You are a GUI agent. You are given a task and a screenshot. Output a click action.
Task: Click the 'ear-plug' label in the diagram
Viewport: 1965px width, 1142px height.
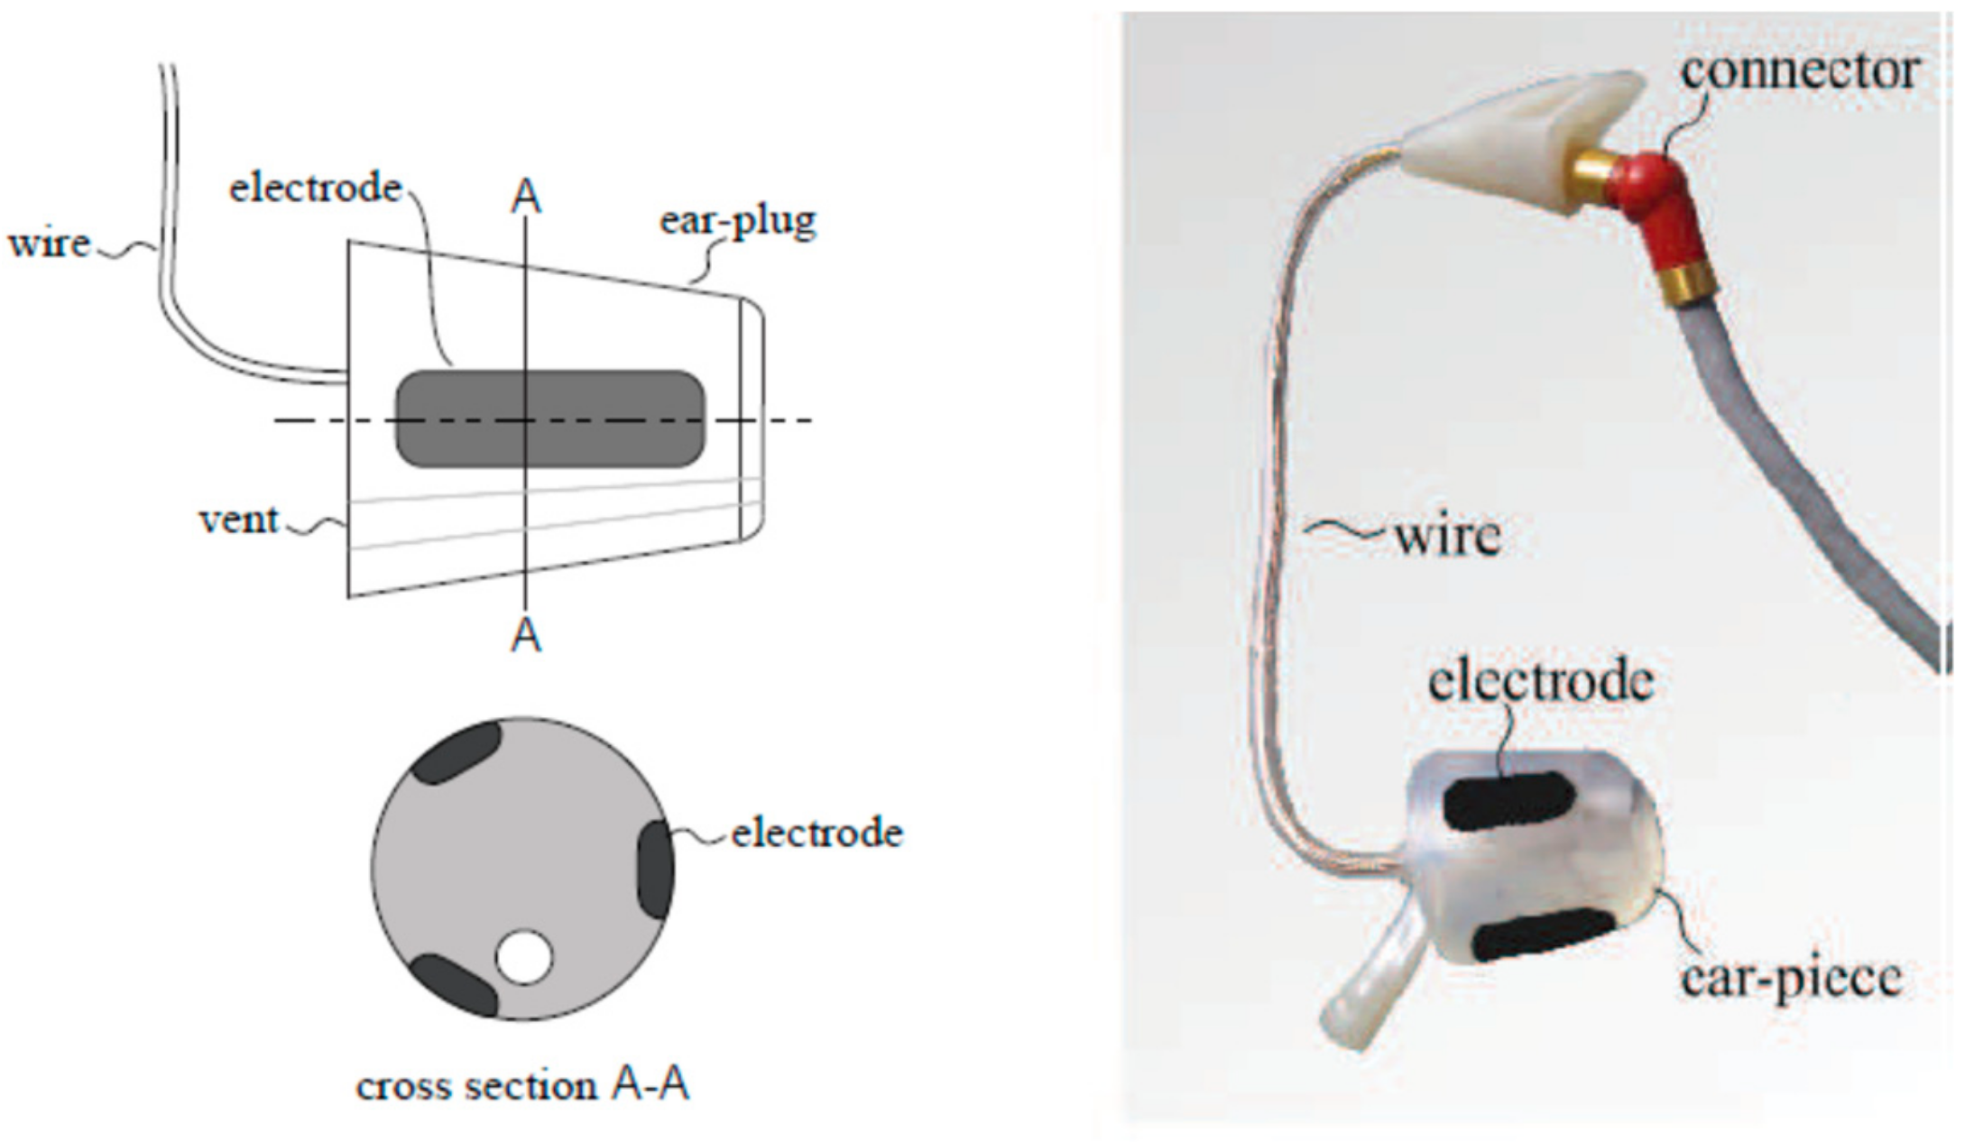pos(737,221)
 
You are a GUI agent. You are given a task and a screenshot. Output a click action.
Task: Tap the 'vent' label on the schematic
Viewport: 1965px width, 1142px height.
pos(239,520)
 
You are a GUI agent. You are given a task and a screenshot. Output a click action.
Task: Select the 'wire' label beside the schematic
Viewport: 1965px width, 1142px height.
pos(50,244)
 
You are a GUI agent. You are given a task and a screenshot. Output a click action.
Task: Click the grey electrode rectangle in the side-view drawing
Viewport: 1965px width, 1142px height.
pos(550,419)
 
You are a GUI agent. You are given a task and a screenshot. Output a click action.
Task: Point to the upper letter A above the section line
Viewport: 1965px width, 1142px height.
pos(526,196)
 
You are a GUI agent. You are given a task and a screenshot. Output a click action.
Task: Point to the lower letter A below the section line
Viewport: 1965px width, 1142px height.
pos(526,636)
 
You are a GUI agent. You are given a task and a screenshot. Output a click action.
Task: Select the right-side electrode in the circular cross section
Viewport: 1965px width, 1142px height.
pos(656,868)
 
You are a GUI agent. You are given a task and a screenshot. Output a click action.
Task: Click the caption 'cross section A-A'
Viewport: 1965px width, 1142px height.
pos(523,1085)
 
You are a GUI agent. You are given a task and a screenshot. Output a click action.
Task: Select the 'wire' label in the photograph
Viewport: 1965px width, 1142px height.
pos(1447,536)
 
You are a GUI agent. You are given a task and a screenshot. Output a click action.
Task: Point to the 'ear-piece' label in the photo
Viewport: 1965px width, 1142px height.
pos(1791,978)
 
